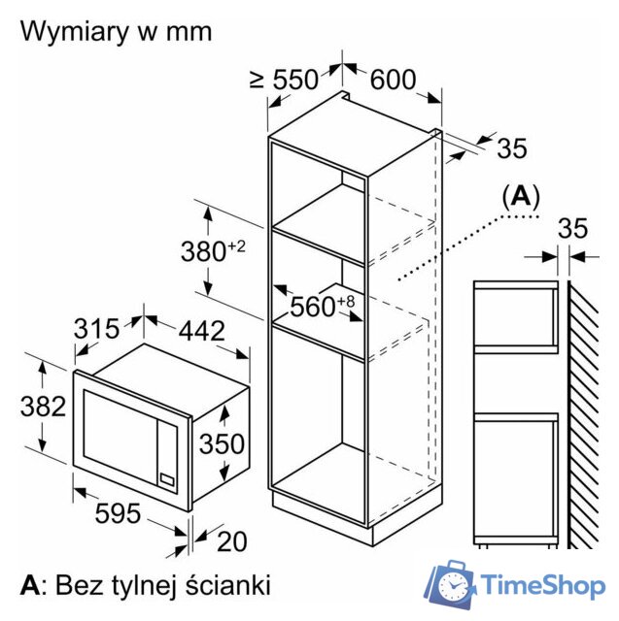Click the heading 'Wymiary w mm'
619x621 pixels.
(x=117, y=31)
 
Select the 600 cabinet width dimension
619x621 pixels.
(x=393, y=80)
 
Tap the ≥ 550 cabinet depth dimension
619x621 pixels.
(x=284, y=80)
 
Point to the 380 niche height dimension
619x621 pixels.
(x=213, y=251)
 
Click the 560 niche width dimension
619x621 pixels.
(x=323, y=306)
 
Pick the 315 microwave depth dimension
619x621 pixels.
(x=96, y=328)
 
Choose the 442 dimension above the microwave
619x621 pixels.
(x=201, y=331)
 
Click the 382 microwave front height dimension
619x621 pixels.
(x=43, y=407)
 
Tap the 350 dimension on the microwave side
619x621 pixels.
(x=222, y=443)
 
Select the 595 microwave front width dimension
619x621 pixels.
(x=118, y=513)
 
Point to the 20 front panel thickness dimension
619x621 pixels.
(x=232, y=541)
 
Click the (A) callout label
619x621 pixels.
(x=521, y=196)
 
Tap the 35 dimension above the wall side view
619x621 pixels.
(x=572, y=229)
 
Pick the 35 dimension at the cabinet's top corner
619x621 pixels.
(x=512, y=148)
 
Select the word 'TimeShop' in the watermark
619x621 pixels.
(x=543, y=586)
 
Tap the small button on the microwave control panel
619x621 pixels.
(x=167, y=479)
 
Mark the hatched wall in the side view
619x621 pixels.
(x=583, y=414)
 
